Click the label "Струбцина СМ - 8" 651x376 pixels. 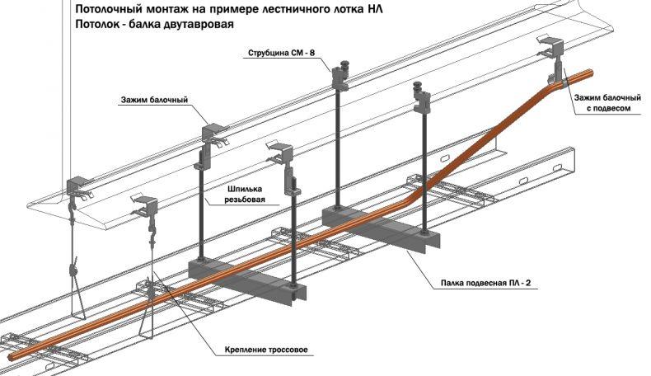tap(281, 53)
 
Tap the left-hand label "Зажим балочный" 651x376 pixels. tap(154, 100)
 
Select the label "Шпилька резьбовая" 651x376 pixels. tap(245, 194)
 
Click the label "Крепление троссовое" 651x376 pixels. tap(266, 350)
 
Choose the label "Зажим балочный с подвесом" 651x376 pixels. tap(608, 103)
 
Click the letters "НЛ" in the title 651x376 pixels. tap(375, 9)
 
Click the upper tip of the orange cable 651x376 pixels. tap(591, 73)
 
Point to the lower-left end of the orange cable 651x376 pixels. tap(11, 355)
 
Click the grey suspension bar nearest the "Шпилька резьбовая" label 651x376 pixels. tap(247, 279)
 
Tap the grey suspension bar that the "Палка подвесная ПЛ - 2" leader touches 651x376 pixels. tap(381, 228)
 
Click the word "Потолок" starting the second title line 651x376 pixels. tap(96, 25)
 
